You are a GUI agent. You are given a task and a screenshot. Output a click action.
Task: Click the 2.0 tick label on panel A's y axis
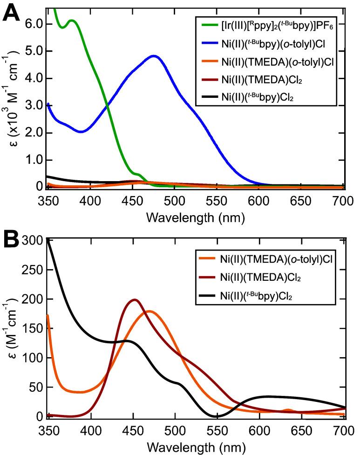click(34, 133)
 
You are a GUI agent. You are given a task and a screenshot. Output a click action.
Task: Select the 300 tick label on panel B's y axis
click(31, 240)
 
